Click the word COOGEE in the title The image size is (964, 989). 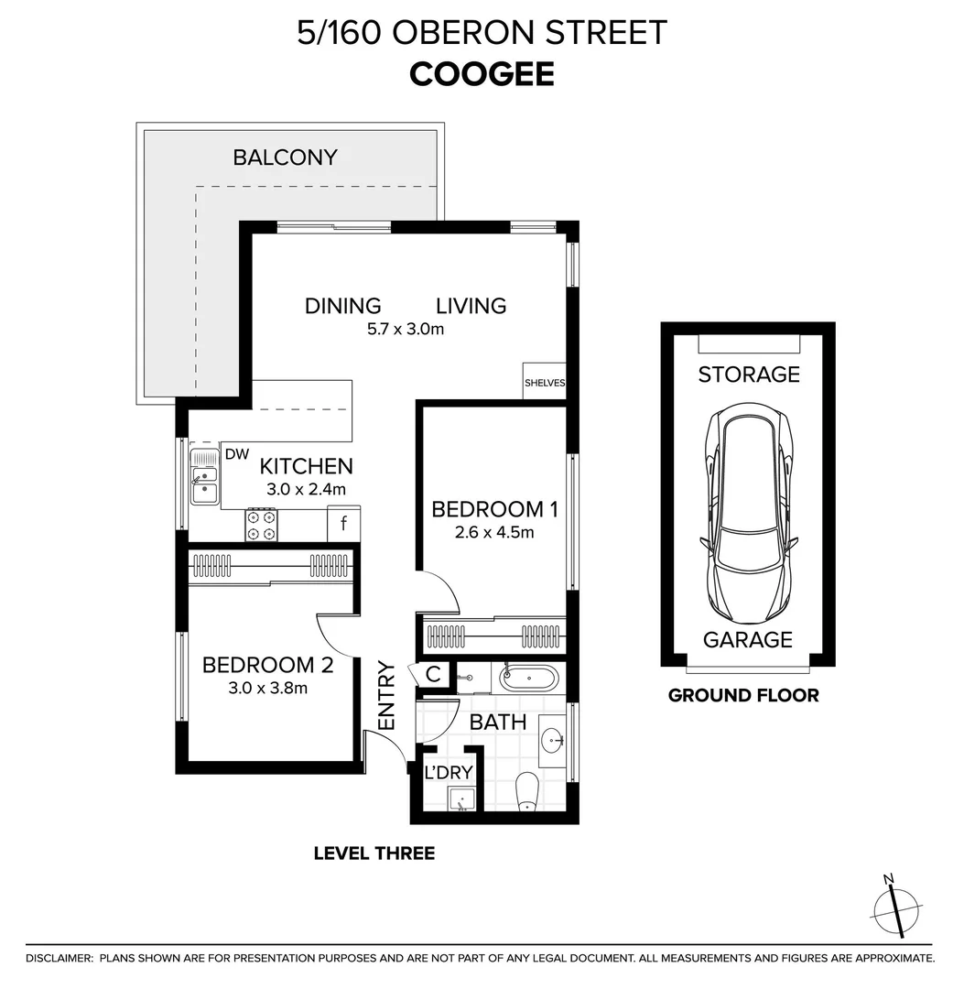(x=482, y=74)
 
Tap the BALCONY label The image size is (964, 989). (x=285, y=157)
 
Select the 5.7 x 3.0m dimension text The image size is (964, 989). (x=400, y=329)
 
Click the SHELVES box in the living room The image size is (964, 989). (x=544, y=383)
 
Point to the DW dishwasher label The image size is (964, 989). (x=236, y=453)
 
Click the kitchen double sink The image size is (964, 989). (x=204, y=476)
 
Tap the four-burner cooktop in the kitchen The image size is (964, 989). (x=261, y=524)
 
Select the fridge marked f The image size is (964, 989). (x=343, y=525)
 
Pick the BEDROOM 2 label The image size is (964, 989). (x=267, y=664)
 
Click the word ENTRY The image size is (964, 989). (x=386, y=695)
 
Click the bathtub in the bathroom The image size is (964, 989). (x=527, y=679)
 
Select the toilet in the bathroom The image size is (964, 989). (x=527, y=791)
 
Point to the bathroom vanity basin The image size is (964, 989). (x=551, y=740)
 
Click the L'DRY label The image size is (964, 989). (x=448, y=773)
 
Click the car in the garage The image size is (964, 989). (x=747, y=513)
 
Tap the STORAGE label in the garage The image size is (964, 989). (x=748, y=374)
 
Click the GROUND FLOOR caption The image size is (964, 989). (x=743, y=695)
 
